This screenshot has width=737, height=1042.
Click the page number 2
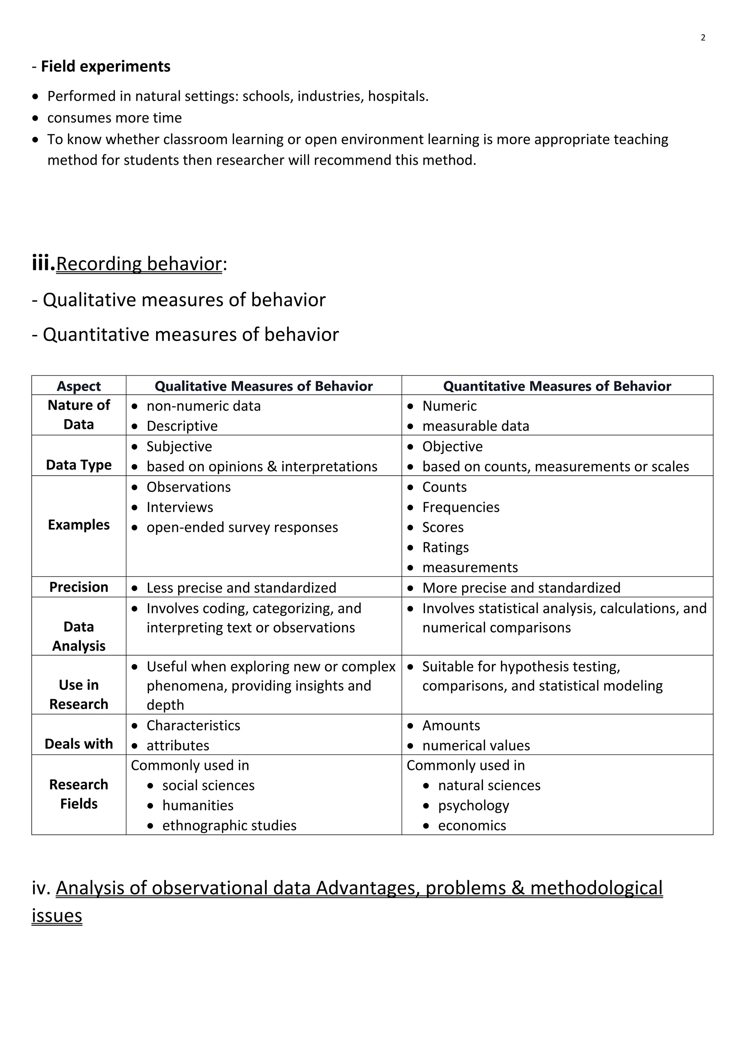point(703,38)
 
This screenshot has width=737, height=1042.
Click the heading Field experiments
point(105,66)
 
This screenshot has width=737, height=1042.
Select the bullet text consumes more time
point(114,118)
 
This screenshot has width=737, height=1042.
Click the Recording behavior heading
point(139,264)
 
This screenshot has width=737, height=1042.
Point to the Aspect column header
point(78,386)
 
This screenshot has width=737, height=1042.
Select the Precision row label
point(78,587)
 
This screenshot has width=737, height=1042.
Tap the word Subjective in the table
point(179,446)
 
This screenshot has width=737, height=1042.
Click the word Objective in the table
point(452,446)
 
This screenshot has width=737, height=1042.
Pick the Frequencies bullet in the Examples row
point(461,507)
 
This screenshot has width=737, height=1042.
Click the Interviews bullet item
point(180,507)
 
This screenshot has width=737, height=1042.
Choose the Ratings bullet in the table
point(445,547)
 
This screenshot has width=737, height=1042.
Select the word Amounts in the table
point(451,725)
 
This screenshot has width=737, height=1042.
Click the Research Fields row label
point(78,794)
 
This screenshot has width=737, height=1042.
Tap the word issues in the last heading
point(57,915)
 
